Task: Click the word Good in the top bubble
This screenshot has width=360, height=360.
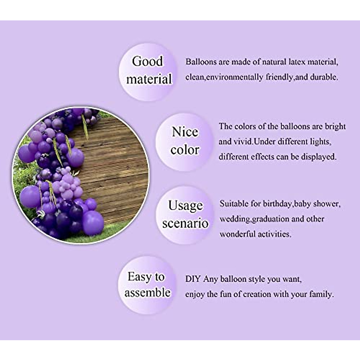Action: point(147,61)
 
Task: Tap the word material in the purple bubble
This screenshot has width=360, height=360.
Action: point(149,79)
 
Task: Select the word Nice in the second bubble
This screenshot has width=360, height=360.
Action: point(185,132)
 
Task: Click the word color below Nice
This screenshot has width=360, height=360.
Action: point(185,150)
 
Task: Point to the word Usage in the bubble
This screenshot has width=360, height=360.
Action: point(185,205)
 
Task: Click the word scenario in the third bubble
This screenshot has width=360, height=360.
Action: point(185,223)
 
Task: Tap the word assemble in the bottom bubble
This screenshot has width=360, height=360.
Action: point(148,292)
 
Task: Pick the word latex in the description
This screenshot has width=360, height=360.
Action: point(298,62)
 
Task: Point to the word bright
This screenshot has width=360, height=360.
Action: point(335,126)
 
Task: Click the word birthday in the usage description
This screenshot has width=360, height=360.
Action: point(277,204)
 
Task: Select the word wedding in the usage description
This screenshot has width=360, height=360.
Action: point(235,219)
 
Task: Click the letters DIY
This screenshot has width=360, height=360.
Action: point(193,279)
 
